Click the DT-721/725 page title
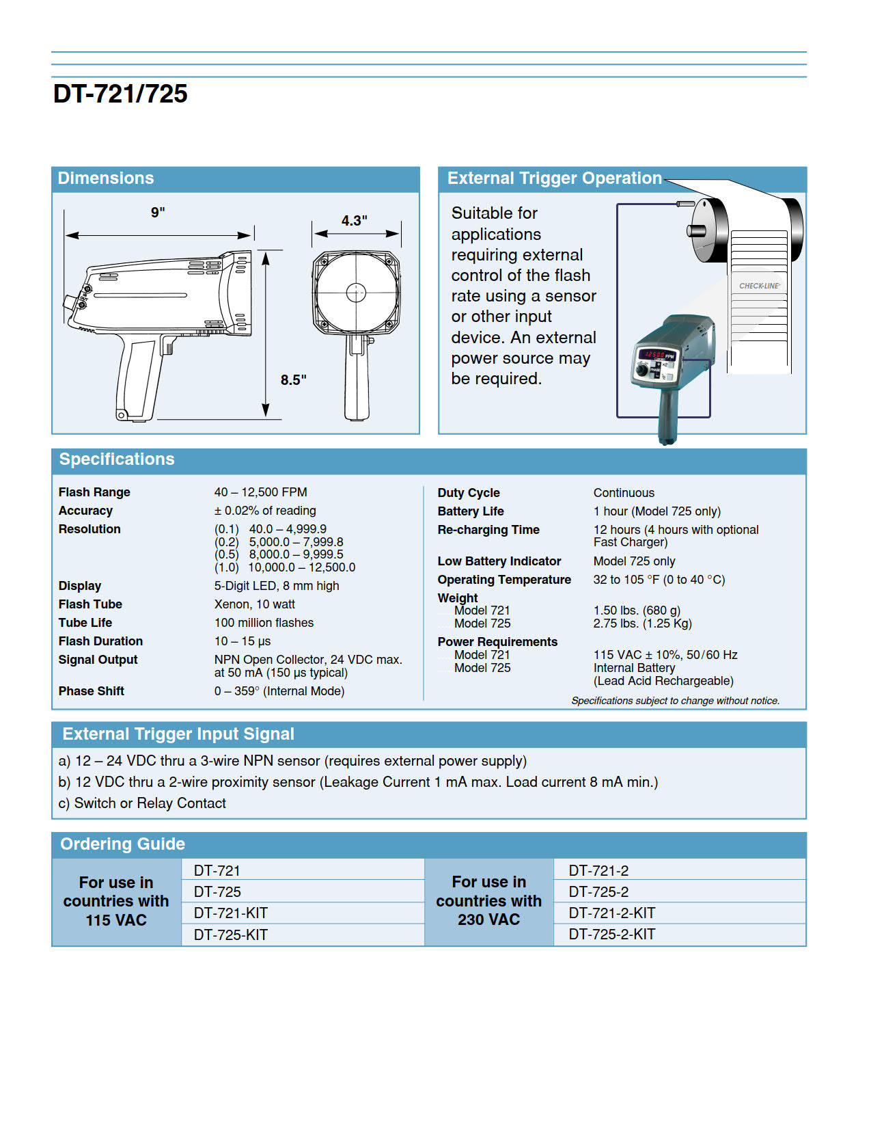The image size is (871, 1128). tap(120, 94)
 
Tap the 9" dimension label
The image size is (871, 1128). tap(158, 212)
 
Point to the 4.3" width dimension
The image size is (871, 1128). tap(354, 220)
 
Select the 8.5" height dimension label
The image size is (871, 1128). tap(293, 379)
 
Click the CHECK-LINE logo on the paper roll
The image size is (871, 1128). tap(759, 286)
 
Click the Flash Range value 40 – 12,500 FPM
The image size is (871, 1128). tap(260, 492)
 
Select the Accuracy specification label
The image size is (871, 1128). tap(85, 511)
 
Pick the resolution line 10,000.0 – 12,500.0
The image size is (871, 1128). tap(301, 567)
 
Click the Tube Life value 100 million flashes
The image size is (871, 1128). tap(264, 623)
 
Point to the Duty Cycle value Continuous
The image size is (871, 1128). tap(623, 493)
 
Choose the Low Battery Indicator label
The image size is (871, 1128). tap(499, 561)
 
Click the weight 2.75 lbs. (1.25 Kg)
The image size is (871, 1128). tap(642, 623)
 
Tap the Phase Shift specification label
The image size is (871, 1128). tap(91, 691)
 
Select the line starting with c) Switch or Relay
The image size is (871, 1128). tap(142, 803)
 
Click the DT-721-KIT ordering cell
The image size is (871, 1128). tap(230, 913)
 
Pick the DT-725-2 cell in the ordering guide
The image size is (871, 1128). tap(598, 892)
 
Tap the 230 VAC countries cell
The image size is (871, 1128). tap(488, 901)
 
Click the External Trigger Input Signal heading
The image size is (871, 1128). tap(178, 734)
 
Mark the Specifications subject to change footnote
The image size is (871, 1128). tap(675, 701)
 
